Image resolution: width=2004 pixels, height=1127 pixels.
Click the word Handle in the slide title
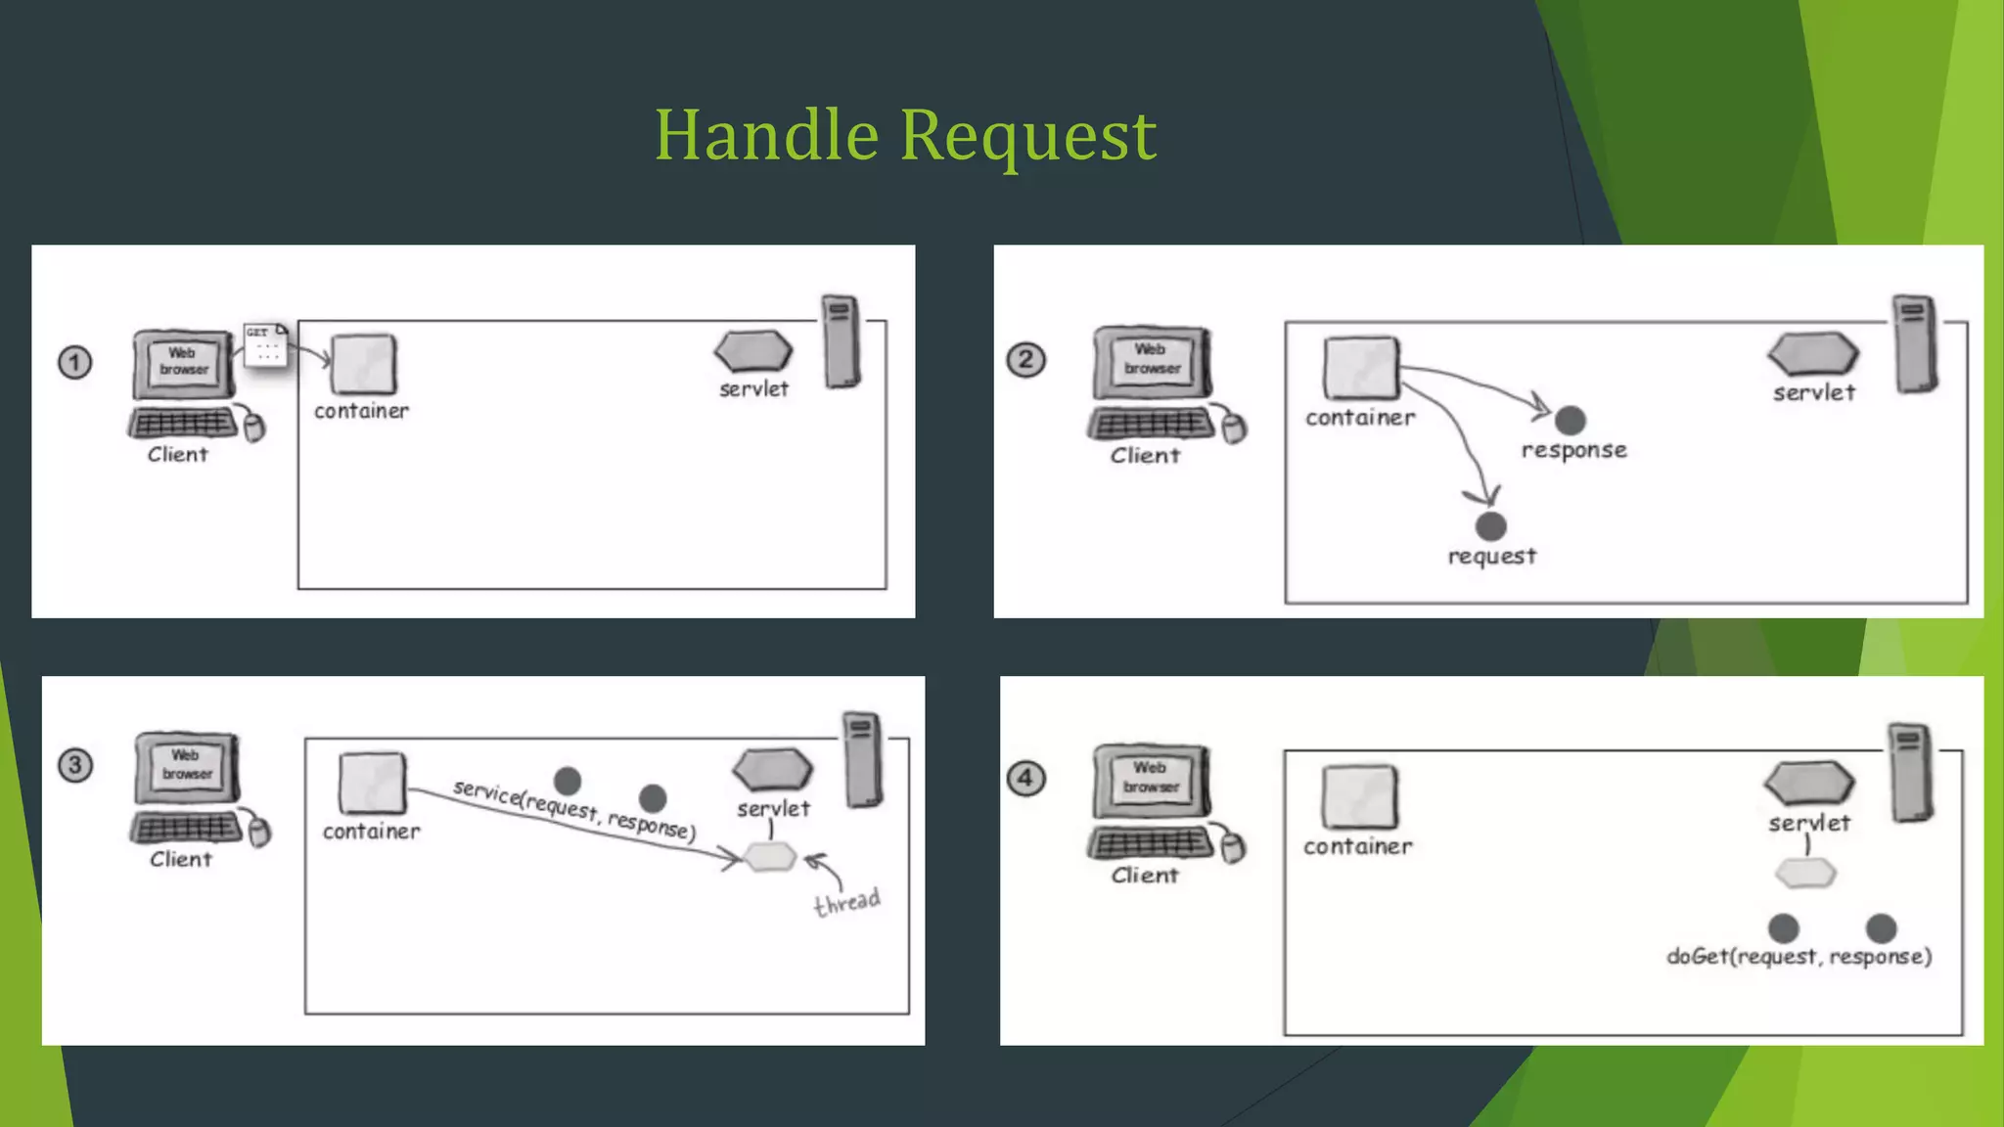tap(766, 135)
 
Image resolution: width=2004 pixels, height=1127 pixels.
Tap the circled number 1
tap(74, 363)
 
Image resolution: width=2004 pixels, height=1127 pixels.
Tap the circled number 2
tap(1025, 360)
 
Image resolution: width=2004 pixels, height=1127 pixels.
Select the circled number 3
tap(75, 765)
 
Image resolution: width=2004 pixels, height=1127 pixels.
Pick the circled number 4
tap(1025, 779)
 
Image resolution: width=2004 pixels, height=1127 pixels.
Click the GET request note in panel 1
tap(265, 345)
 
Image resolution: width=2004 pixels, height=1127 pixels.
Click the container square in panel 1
tap(364, 364)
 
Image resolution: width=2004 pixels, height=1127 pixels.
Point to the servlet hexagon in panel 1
tap(753, 351)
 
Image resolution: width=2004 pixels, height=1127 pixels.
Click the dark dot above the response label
tap(1570, 421)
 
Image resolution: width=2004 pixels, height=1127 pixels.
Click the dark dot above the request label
tap(1490, 526)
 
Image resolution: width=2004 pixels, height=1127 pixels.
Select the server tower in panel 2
tap(1915, 343)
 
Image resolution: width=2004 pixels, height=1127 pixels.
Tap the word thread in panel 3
tap(847, 901)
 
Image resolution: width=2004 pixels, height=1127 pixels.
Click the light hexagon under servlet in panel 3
tap(770, 858)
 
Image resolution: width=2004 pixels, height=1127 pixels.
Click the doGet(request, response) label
tap(1799, 957)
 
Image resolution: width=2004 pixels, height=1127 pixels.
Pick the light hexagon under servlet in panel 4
tap(1805, 873)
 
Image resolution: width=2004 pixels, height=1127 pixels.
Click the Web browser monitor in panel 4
tap(1151, 778)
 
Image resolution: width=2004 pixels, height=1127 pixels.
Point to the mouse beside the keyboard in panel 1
tap(254, 427)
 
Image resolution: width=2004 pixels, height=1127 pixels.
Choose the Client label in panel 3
tap(181, 859)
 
